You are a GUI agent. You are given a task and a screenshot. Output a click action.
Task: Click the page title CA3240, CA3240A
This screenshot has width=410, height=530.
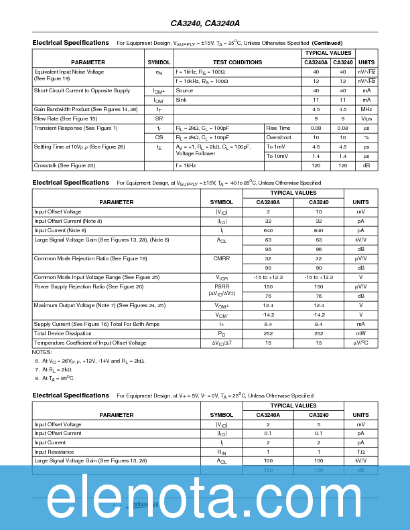click(x=205, y=23)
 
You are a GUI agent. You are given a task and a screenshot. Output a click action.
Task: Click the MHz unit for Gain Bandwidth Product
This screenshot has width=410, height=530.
click(x=366, y=109)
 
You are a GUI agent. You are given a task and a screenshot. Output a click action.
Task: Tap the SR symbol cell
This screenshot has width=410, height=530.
click(x=159, y=118)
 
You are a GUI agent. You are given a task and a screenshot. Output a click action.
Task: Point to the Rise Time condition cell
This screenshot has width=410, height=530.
click(x=279, y=128)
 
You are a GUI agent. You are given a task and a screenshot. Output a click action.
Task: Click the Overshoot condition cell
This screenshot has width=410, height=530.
click(x=279, y=137)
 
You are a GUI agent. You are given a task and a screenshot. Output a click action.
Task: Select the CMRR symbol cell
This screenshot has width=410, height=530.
click(x=222, y=258)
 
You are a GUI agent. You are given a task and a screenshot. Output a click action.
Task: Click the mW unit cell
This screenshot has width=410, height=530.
click(x=360, y=333)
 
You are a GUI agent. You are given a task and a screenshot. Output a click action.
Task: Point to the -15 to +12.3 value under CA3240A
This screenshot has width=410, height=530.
click(x=268, y=277)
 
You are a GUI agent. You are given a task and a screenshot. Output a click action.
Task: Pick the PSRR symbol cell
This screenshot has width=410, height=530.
click(x=222, y=286)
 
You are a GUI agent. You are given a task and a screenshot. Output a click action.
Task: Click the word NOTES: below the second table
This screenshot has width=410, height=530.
click(x=42, y=352)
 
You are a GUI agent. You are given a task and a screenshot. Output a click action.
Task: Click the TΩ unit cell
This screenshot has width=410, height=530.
click(x=360, y=452)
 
